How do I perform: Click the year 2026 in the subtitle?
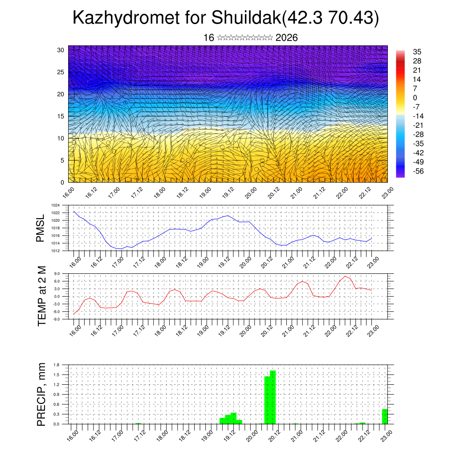pyautogui.click(x=286, y=38)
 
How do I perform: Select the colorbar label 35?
pyautogui.click(x=417, y=52)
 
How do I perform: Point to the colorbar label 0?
pyautogui.click(x=415, y=98)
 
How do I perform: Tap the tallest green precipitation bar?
pyautogui.click(x=273, y=396)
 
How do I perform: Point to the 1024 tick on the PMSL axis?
pyautogui.click(x=56, y=205)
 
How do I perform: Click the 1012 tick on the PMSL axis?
pyautogui.click(x=56, y=251)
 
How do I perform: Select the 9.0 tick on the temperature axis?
pyautogui.click(x=57, y=273)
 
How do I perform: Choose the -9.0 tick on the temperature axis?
pyautogui.click(x=57, y=319)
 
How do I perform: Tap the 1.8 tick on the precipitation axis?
pyautogui.click(x=57, y=365)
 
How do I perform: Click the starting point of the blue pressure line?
pyautogui.click(x=74, y=211)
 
